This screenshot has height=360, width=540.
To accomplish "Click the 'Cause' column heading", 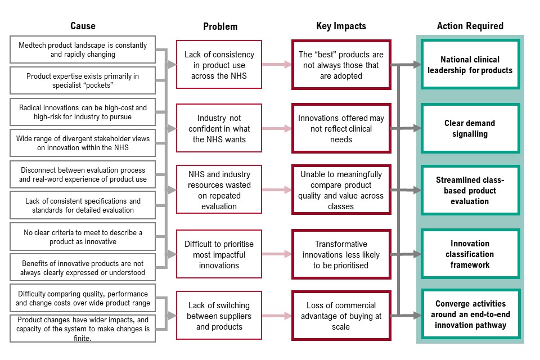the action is click(83, 26).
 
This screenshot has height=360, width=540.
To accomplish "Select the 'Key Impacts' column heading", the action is click(341, 26).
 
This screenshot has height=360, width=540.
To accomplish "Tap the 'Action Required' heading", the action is click(470, 26).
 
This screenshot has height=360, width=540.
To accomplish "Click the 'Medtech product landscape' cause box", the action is click(83, 49).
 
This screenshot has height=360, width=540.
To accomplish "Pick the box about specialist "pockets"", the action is click(83, 80).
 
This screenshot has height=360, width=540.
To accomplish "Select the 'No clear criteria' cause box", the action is click(83, 237).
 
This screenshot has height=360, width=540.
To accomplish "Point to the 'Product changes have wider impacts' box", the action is click(83, 328).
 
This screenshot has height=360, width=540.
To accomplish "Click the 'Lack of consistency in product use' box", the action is click(219, 65).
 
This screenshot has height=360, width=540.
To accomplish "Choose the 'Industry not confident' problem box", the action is click(219, 128).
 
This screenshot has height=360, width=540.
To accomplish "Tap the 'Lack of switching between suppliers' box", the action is click(219, 316).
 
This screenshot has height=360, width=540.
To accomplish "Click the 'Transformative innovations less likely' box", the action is click(341, 254).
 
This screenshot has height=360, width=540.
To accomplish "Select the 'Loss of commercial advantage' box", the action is click(341, 316).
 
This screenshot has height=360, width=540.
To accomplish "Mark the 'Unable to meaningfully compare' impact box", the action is click(341, 190).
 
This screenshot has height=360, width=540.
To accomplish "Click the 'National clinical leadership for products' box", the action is click(470, 65).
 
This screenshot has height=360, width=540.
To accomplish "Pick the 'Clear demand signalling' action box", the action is click(470, 128).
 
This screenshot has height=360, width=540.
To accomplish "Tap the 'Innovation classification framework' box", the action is click(470, 254).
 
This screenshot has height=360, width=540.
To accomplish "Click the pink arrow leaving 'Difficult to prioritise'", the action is click(277, 254).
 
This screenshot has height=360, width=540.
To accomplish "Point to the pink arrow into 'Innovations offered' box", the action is click(277, 128).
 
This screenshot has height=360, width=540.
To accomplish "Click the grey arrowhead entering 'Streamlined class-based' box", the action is click(417, 190).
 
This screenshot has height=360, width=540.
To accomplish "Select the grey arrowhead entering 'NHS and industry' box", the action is click(172, 190).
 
